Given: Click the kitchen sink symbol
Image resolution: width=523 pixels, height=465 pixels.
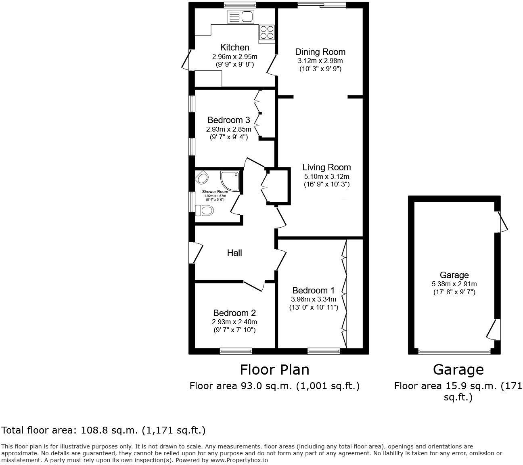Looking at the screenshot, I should click(x=241, y=17).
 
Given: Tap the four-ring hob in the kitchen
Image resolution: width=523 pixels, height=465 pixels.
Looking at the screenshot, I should click(x=267, y=32).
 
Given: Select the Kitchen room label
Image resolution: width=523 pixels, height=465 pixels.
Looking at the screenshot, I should click(x=234, y=48).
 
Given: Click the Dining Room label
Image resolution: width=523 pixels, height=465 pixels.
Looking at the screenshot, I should click(x=320, y=52).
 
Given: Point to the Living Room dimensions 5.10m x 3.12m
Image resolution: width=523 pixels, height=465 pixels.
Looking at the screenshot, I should click(x=326, y=176).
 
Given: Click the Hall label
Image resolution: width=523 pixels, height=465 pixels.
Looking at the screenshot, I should click(x=234, y=253).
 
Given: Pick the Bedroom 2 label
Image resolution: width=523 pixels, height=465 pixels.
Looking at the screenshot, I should click(x=234, y=313).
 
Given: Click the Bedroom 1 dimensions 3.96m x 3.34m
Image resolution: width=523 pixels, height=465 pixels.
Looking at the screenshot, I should click(x=314, y=299).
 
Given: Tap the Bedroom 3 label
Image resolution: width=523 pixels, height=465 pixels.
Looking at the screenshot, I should click(x=228, y=120).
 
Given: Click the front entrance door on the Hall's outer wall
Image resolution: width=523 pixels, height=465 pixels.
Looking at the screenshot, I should click(x=195, y=253).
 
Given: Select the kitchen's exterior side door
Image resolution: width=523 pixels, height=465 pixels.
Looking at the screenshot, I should click(x=186, y=60).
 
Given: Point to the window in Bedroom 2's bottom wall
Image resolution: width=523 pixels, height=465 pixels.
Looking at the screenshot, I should click(x=236, y=351).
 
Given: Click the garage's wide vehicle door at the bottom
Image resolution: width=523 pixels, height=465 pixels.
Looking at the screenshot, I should click(x=454, y=352).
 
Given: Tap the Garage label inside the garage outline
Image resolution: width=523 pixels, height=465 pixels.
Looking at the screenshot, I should click(x=454, y=275).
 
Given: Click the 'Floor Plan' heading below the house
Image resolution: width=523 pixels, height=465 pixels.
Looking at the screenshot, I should click(x=274, y=369).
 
